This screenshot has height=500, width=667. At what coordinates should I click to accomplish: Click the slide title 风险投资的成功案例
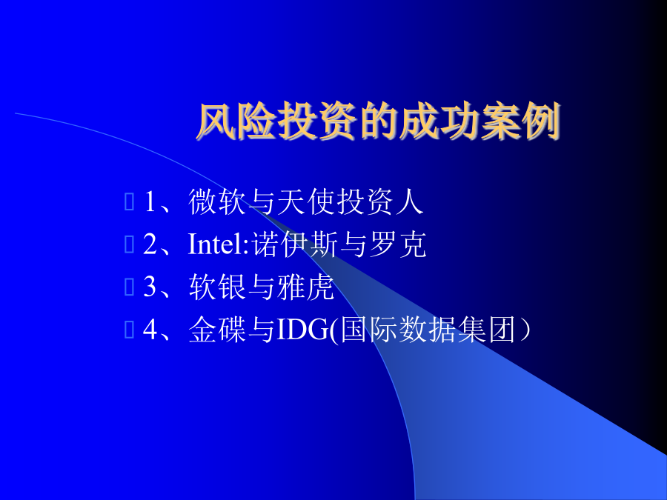coord(378,121)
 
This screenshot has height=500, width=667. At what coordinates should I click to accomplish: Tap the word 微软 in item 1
coord(217,201)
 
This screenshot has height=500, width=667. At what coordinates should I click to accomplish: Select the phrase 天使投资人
coord(350,201)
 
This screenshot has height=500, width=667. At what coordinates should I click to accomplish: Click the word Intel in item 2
coord(216,244)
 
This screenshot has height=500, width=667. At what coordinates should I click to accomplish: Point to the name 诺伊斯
coord(294,244)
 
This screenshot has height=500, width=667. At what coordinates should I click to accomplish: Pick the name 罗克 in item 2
coord(397,244)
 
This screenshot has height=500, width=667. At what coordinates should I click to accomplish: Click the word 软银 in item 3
coord(217,287)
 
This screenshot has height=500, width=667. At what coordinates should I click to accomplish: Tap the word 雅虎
coord(305,287)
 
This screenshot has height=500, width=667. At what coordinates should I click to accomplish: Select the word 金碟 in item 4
coord(217,329)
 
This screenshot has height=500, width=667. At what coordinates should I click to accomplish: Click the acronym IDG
coord(303,330)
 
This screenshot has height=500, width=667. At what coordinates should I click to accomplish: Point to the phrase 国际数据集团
coord(428,329)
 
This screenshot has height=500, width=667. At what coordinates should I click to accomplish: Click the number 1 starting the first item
coord(150,201)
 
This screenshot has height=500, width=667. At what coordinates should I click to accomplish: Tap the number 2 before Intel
coord(150,244)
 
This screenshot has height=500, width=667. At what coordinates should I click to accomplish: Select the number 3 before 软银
coord(150,287)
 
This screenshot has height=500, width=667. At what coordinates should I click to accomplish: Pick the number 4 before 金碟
coord(150,329)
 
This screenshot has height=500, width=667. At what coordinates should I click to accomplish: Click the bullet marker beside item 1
coord(129,201)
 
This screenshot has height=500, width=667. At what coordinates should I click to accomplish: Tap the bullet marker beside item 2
coord(129,244)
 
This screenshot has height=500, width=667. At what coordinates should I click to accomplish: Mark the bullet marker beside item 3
coord(129,287)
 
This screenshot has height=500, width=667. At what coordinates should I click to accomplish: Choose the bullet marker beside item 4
coord(129,329)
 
